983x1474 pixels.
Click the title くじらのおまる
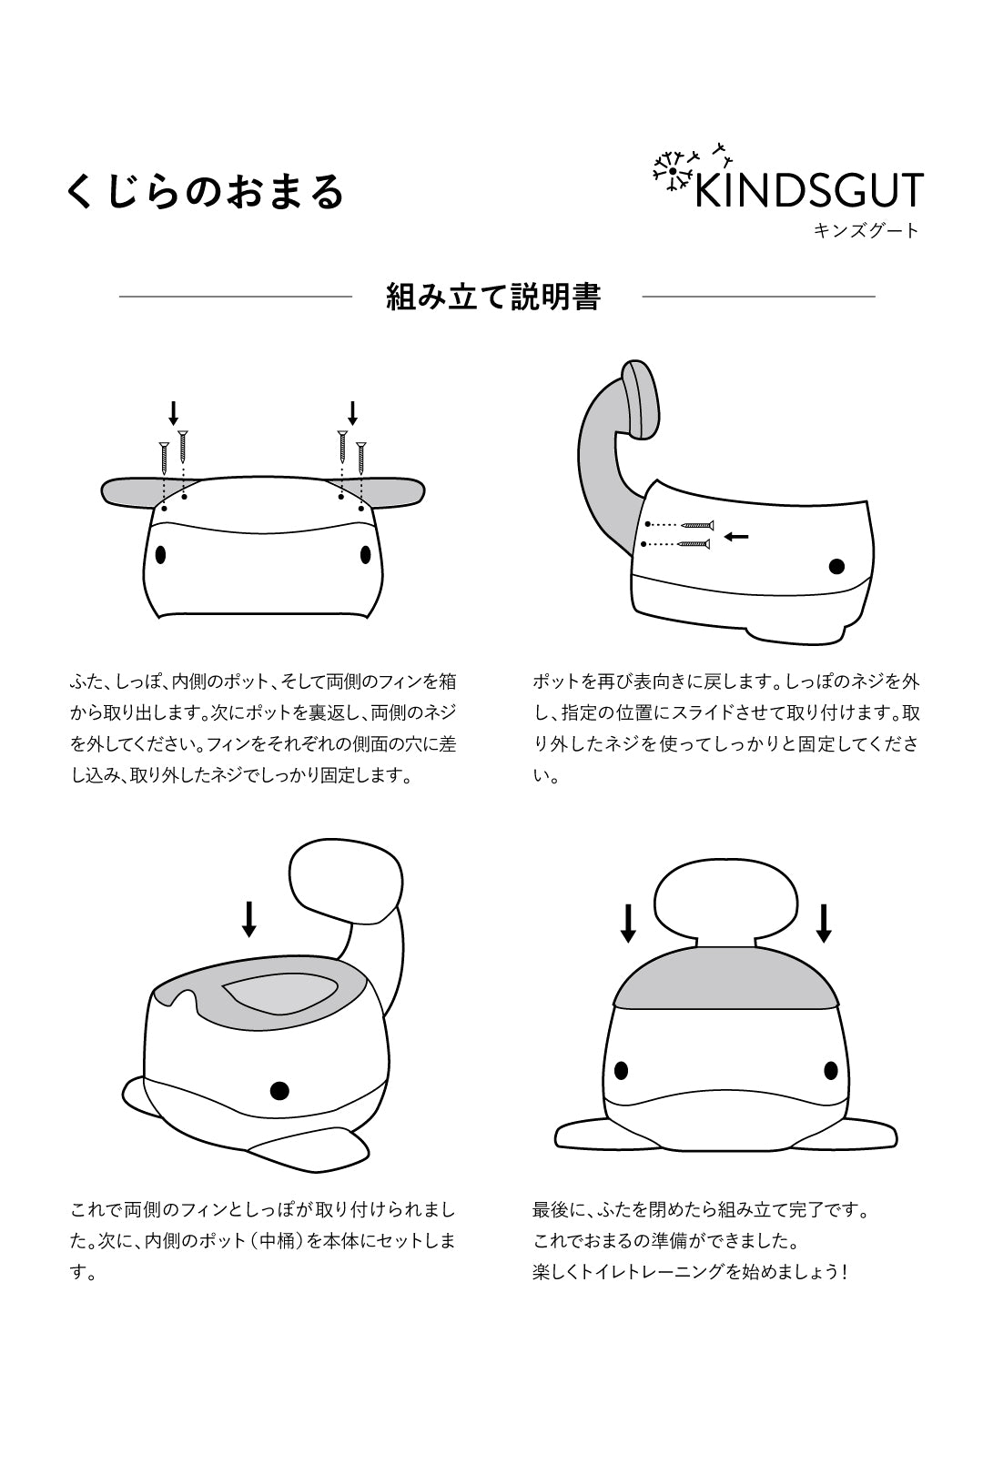pyautogui.click(x=206, y=192)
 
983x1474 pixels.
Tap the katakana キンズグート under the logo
pyautogui.click(x=866, y=231)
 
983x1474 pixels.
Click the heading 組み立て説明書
pyautogui.click(x=493, y=297)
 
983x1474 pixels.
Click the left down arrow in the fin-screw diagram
pyautogui.click(x=173, y=414)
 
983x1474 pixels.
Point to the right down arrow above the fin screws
pyautogui.click(x=353, y=414)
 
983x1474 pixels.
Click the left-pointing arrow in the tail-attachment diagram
pyautogui.click(x=736, y=537)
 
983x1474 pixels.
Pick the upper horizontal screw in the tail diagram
pyautogui.click(x=698, y=525)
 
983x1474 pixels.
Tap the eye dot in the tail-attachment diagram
pyautogui.click(x=836, y=567)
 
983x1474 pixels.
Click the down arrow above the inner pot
pyautogui.click(x=248, y=919)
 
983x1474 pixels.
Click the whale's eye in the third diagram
pyautogui.click(x=279, y=1090)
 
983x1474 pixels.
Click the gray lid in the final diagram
pyautogui.click(x=725, y=978)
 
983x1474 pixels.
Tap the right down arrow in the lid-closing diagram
pyautogui.click(x=824, y=924)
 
